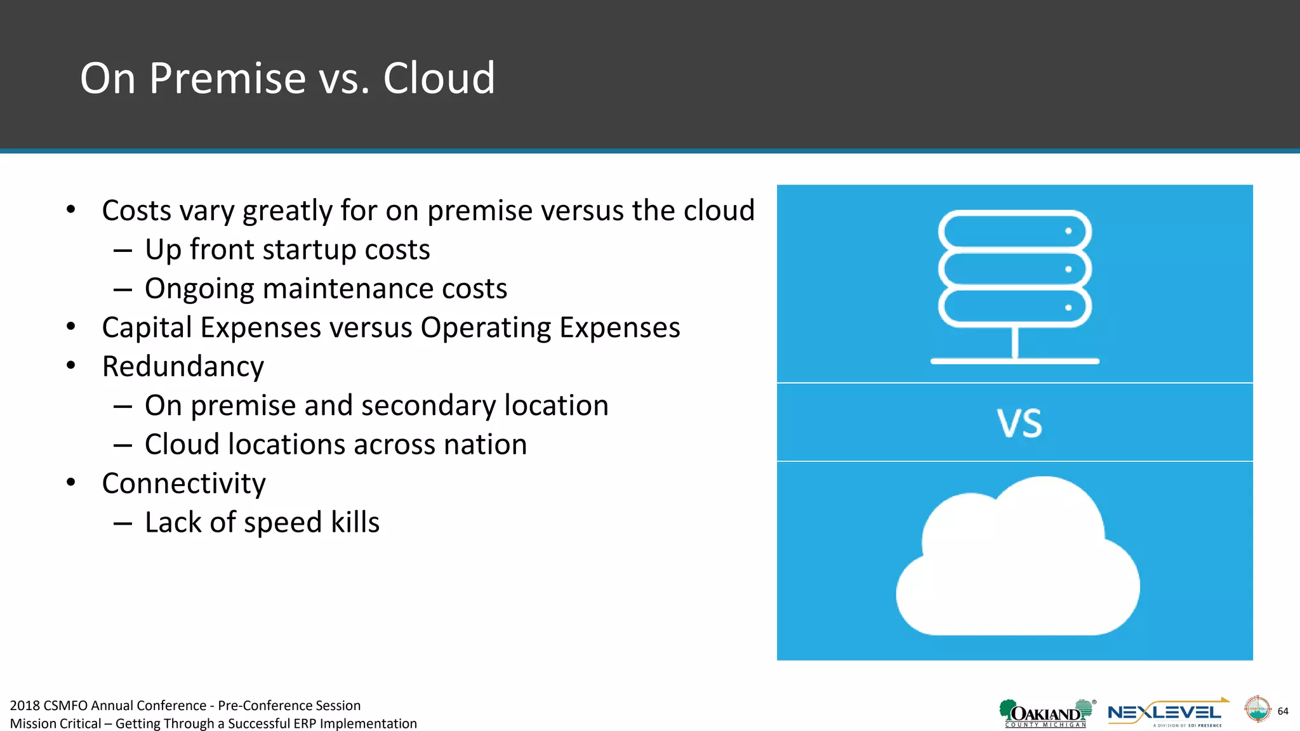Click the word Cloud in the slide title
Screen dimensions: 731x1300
pos(439,79)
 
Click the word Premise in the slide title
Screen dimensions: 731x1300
pos(227,79)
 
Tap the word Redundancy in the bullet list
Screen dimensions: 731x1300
pos(183,367)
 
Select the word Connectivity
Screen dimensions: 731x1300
pos(183,484)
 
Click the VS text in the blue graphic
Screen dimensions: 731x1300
pos(1019,423)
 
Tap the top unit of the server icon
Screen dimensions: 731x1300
pos(1014,230)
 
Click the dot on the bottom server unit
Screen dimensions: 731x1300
pos(1068,308)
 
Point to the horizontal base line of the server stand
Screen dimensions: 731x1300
pos(1014,361)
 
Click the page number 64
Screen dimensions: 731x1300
pos(1282,711)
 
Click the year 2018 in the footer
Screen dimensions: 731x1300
pos(25,706)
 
